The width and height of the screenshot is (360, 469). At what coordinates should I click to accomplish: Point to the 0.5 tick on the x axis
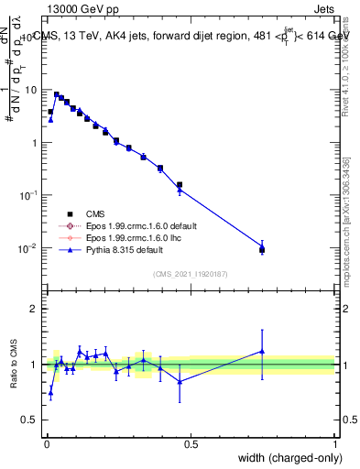(191, 443)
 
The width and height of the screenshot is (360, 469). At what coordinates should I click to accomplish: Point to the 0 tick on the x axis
(47, 443)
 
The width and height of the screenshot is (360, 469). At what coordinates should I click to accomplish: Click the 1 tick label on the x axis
(334, 443)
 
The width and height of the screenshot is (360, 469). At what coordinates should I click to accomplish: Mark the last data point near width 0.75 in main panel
(262, 249)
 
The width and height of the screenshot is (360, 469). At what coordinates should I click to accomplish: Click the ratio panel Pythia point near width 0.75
(262, 351)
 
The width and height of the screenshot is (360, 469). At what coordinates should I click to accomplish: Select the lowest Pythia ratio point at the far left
(50, 392)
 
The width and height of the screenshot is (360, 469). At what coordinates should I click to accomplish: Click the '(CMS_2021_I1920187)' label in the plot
(190, 274)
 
